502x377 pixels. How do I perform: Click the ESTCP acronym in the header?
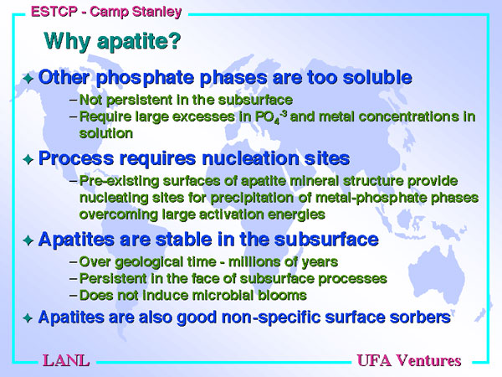(x=54, y=12)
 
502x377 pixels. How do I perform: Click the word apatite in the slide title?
(x=139, y=42)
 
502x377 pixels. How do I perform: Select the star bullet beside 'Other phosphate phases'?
(x=28, y=78)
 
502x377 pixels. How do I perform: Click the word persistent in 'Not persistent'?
(x=137, y=101)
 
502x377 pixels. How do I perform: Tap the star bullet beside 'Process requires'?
(x=28, y=159)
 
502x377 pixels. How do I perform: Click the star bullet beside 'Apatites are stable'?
(x=28, y=240)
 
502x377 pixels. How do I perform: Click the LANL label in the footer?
(x=66, y=360)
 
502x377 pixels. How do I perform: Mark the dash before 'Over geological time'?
(x=74, y=262)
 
